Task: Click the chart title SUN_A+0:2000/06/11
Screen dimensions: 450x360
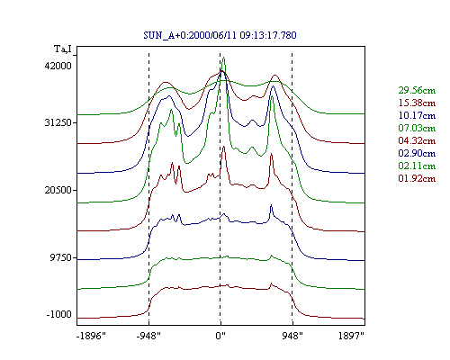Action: [x=191, y=35]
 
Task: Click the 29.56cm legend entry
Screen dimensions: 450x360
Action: [x=417, y=90]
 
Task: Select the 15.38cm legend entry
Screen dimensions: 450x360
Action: [x=417, y=103]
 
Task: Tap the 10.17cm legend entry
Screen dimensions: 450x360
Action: [x=417, y=115]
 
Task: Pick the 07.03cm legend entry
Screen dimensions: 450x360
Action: [x=417, y=128]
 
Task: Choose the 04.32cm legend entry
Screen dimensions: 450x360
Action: [x=417, y=140]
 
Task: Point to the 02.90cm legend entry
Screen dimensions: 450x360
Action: [x=417, y=153]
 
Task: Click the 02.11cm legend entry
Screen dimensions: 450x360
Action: [x=417, y=166]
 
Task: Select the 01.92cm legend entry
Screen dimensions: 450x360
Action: [x=417, y=178]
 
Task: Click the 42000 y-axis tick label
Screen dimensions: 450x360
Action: [x=58, y=66]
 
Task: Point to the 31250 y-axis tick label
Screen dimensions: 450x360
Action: [x=58, y=122]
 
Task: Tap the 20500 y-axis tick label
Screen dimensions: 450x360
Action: [x=58, y=190]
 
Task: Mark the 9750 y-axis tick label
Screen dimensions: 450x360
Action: [x=61, y=257]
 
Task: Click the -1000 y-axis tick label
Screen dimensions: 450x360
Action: [x=59, y=314]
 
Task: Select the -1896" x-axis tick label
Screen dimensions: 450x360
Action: [x=91, y=336]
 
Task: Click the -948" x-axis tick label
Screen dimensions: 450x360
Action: [x=148, y=336]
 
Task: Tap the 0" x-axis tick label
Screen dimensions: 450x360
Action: [x=220, y=336]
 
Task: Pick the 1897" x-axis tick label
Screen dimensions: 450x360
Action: [x=351, y=336]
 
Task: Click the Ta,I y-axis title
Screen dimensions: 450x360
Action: [x=63, y=49]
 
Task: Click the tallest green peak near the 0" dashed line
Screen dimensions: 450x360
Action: [x=223, y=58]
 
